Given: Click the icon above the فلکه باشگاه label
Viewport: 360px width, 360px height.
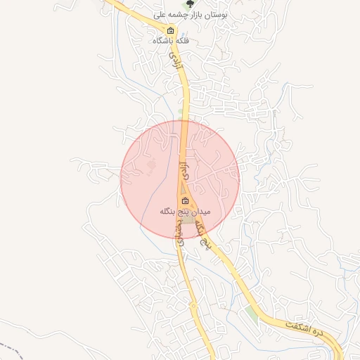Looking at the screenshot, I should pos(171,30).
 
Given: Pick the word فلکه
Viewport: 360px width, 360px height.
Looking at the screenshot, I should pos(186,41).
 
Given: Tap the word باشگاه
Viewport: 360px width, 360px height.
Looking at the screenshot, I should pos(165,41).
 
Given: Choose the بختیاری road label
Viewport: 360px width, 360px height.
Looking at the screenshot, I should pos(181,230).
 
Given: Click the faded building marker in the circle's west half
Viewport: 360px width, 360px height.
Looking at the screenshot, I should pos(150,167).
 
